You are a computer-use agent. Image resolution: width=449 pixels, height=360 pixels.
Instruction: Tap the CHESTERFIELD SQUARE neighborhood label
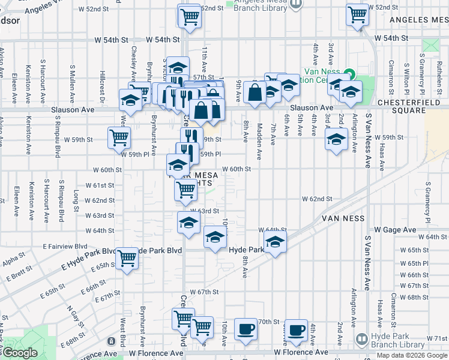(x=410, y=112)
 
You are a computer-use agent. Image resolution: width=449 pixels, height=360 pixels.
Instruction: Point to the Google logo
(x=19, y=353)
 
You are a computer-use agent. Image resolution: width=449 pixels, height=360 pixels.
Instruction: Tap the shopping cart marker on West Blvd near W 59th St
(x=119, y=137)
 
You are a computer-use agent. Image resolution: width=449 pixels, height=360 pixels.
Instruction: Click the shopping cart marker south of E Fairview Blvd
(x=127, y=259)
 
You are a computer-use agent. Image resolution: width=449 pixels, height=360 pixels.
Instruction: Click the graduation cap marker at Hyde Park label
(x=275, y=242)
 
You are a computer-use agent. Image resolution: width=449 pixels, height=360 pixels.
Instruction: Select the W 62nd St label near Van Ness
(x=317, y=199)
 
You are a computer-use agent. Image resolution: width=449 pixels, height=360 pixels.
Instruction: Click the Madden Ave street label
(x=259, y=142)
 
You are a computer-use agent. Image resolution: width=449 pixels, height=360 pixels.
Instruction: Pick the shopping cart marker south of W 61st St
(x=185, y=190)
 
